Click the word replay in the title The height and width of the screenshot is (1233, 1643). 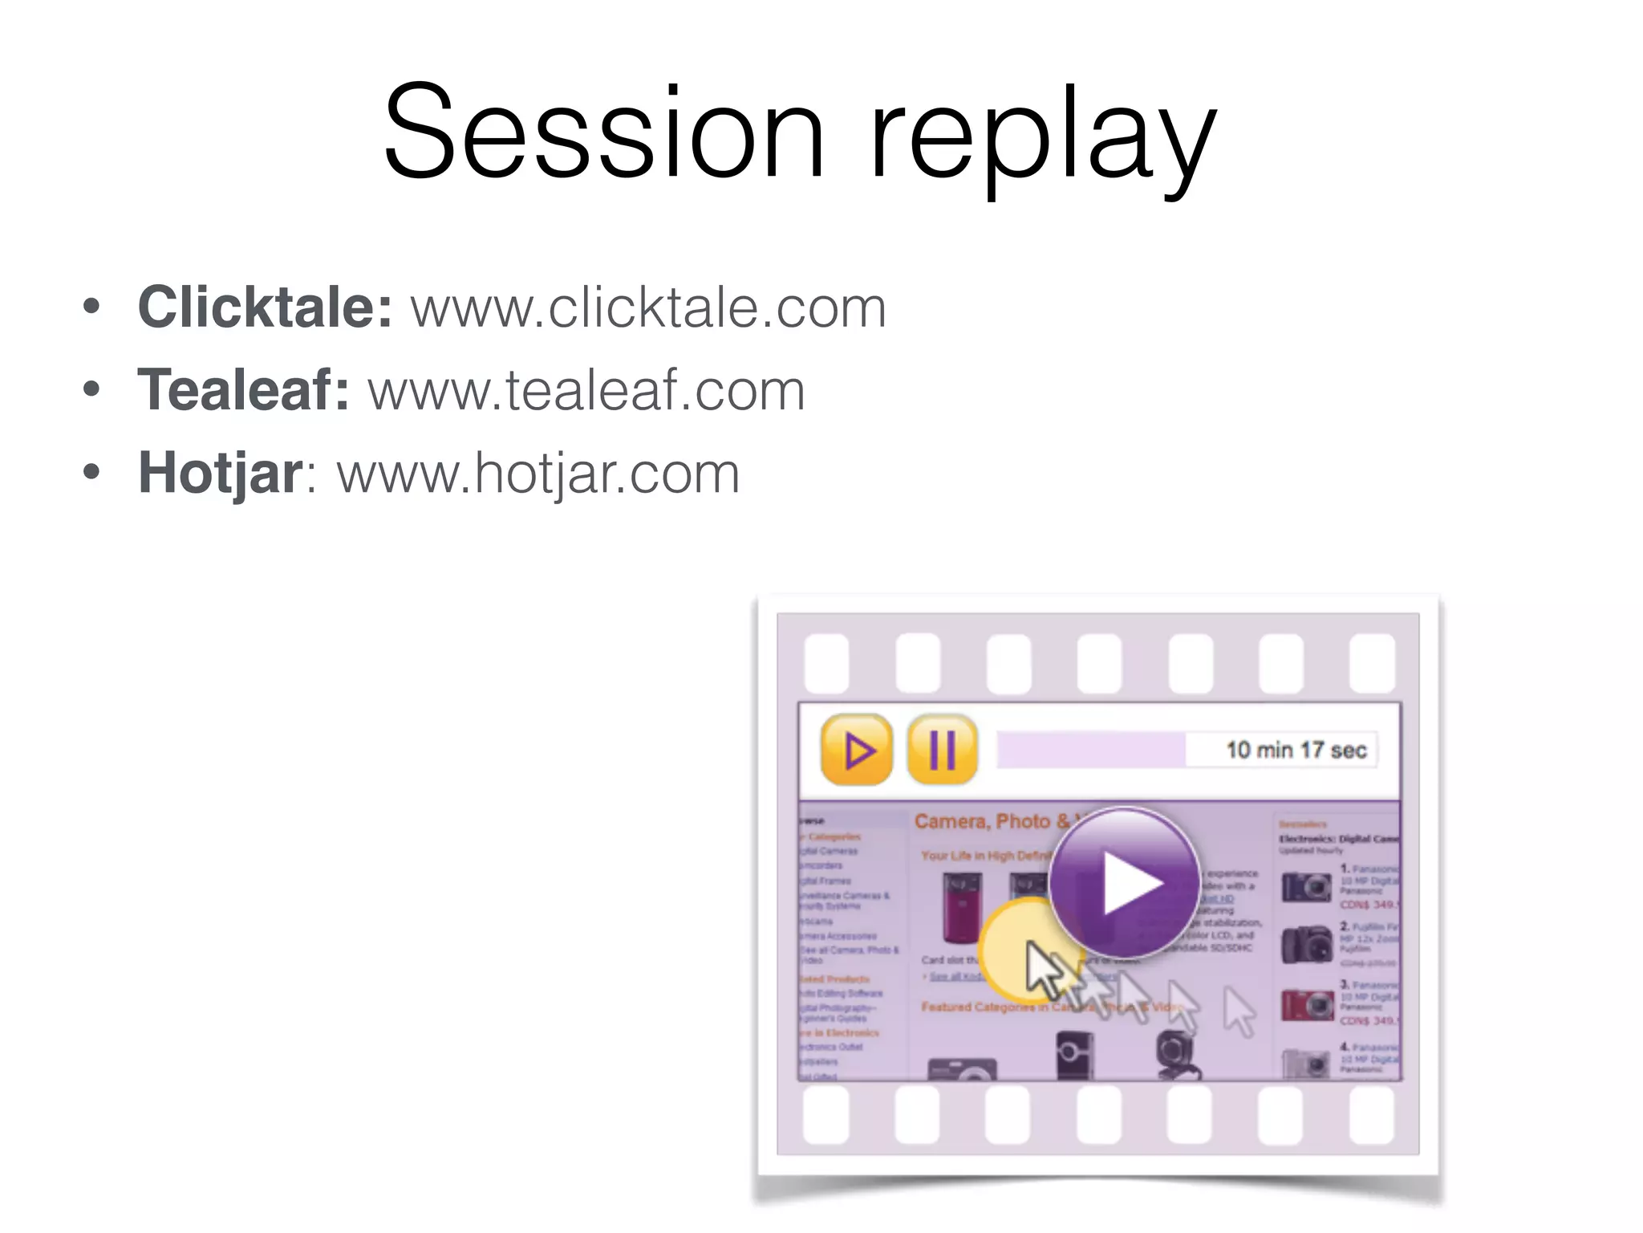coord(1043,136)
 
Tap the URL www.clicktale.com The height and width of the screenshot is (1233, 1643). coord(648,307)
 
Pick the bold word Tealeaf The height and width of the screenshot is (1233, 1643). coord(243,390)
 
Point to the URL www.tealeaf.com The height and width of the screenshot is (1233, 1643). coord(586,390)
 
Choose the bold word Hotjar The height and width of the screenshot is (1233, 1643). coord(221,473)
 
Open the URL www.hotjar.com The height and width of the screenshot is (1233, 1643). coord(538,473)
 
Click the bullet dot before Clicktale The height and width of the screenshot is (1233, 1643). coord(91,307)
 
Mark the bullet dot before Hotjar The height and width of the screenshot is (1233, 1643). coord(91,473)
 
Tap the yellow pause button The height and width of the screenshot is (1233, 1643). coord(943,750)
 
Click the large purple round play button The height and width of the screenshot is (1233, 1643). coord(1124,883)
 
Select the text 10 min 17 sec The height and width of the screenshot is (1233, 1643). coord(1296,750)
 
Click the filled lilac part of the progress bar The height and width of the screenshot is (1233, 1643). coord(1091,750)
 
